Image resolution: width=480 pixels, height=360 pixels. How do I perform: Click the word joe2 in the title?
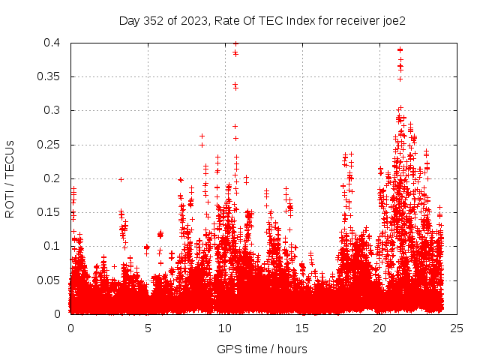coord(394,21)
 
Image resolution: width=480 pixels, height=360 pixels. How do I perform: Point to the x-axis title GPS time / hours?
coord(262,349)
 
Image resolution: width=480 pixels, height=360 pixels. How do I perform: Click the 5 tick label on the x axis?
coord(148,328)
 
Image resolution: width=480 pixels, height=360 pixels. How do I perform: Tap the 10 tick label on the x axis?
coord(225,328)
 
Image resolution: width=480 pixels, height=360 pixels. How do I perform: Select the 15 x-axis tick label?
coord(302,328)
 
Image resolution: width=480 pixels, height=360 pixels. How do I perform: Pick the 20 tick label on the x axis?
coord(379,328)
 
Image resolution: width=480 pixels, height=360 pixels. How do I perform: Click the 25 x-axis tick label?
coord(457,328)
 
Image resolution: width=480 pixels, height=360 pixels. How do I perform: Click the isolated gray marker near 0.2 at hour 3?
coord(121,179)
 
